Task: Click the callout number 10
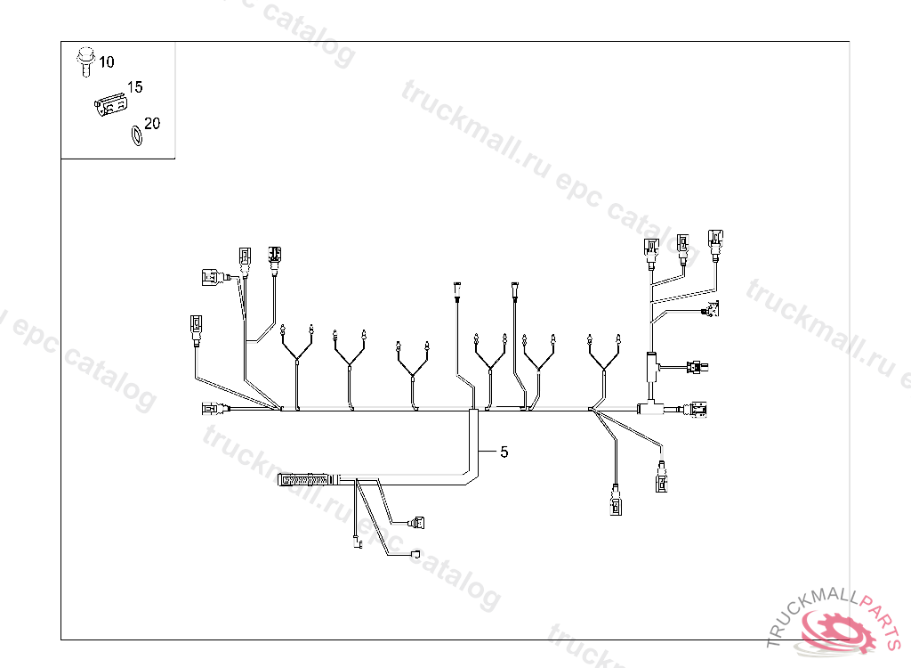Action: [107, 62]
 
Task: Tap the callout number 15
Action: [135, 87]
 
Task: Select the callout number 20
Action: [152, 124]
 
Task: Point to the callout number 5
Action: [504, 452]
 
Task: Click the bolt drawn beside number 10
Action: [85, 60]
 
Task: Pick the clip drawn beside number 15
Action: [110, 106]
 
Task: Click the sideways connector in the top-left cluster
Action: [210, 277]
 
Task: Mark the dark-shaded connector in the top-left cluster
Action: [275, 257]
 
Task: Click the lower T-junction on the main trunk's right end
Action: [647, 409]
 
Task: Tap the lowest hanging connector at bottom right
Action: [616, 505]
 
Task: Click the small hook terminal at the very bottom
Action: [358, 545]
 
